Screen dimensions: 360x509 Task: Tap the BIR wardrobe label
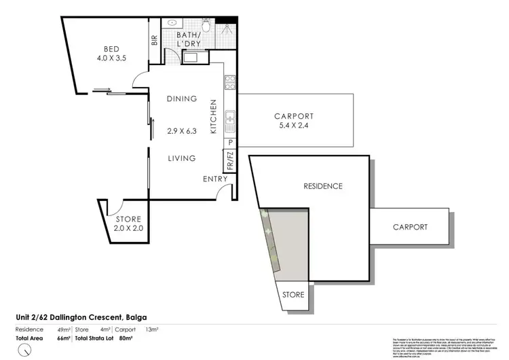point(154,40)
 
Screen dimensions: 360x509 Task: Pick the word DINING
point(181,98)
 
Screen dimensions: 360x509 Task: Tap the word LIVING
point(181,158)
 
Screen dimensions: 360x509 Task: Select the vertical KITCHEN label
point(213,116)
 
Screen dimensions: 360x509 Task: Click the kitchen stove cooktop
point(230,84)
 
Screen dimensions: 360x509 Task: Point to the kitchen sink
point(230,121)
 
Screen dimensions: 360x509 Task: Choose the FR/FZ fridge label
point(229,160)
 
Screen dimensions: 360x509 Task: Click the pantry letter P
point(230,143)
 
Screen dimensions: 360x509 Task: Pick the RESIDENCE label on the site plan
point(322,186)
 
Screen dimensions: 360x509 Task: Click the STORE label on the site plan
point(293,295)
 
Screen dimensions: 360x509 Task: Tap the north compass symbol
point(25,349)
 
